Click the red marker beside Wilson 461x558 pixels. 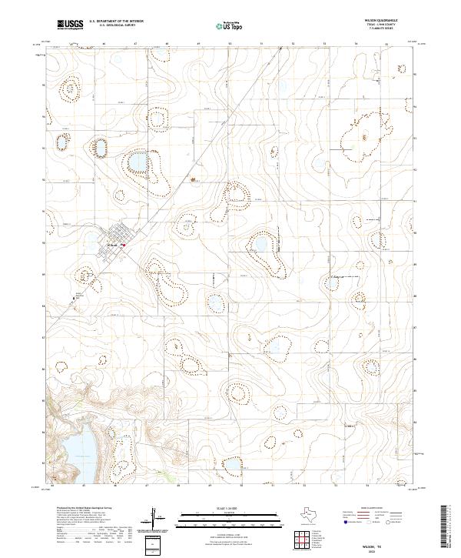pyautogui.click(x=122, y=246)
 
